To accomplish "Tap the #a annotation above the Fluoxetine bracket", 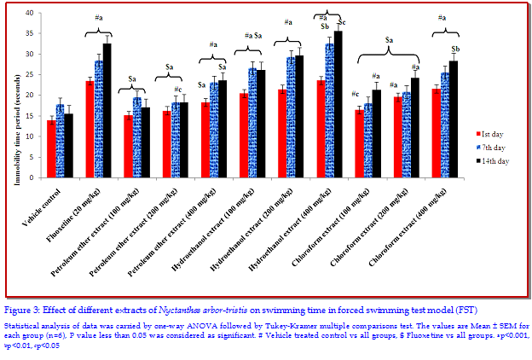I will click(99, 18).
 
